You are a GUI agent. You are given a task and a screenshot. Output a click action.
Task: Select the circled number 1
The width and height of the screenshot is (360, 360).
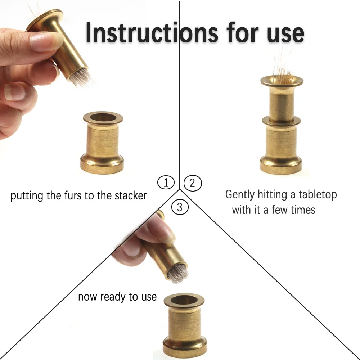tap(166, 183)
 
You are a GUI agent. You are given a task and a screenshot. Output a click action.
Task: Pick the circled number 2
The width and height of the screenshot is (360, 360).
tap(193, 183)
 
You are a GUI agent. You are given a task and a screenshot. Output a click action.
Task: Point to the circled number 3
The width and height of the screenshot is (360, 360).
tap(180, 207)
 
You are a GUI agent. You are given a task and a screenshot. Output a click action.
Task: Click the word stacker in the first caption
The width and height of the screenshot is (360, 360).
tap(131, 195)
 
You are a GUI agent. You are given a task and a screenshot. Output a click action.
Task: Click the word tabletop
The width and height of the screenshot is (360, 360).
tap(318, 195)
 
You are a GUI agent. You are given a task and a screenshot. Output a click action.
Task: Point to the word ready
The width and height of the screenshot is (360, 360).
tap(113, 297)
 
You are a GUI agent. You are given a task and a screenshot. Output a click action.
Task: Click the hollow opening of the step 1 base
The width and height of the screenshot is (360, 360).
tap(103, 117)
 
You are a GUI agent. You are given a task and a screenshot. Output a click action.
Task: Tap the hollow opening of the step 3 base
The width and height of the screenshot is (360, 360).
tap(184, 300)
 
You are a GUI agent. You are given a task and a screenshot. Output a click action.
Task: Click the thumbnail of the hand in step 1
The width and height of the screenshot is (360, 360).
tap(14, 92)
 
